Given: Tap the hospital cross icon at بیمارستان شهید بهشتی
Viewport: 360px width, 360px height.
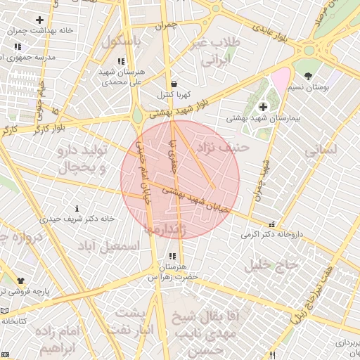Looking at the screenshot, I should pos(263,107).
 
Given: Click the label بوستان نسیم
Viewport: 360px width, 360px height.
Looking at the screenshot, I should pos(309,87).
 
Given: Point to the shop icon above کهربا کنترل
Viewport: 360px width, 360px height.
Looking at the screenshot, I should pos(173,83).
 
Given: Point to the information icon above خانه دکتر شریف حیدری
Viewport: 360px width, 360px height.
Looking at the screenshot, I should pos(77,209).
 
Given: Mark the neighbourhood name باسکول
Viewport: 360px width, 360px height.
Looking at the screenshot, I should pos(122,41).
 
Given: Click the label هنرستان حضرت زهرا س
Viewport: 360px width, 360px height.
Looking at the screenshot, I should pos(173,272).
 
